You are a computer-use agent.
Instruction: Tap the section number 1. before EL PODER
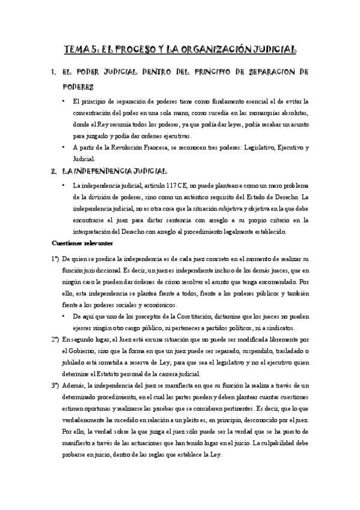point(54,73)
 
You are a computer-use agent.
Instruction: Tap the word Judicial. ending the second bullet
point(84,159)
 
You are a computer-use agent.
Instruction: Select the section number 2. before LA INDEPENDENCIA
point(54,171)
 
